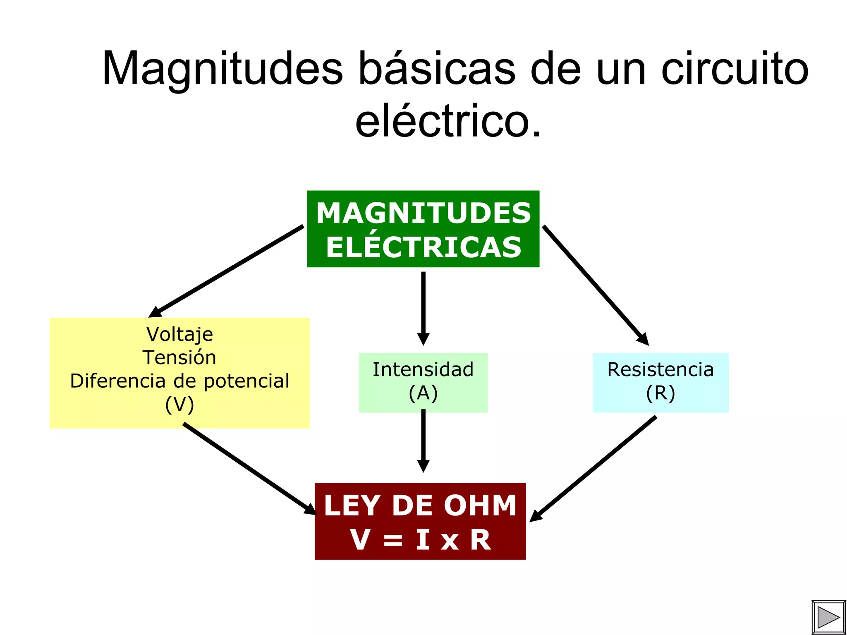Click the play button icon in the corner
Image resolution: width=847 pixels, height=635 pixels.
tap(828, 617)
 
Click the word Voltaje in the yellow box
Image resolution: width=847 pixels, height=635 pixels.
tap(179, 334)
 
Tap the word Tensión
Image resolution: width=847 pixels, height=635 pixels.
tap(179, 357)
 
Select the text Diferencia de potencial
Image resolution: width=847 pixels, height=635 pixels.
tap(179, 381)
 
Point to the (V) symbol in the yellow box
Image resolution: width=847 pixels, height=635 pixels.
tap(179, 405)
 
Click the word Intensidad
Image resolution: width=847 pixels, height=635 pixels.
tap(423, 369)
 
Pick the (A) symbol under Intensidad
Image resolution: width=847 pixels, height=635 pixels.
tap(423, 393)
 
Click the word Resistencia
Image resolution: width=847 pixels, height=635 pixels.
tap(660, 369)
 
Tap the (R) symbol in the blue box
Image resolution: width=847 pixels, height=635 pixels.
tap(660, 393)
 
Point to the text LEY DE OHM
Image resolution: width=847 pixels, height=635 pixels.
tap(420, 506)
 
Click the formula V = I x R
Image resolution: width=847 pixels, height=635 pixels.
tap(420, 540)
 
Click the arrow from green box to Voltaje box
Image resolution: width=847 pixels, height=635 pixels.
tap(227, 271)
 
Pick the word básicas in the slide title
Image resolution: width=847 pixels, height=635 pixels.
tap(437, 68)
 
